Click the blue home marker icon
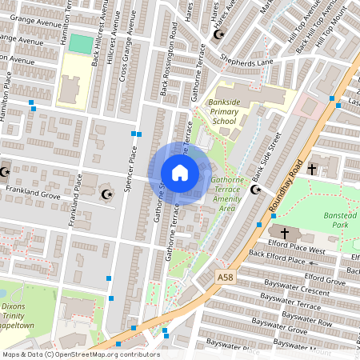coord(180,173)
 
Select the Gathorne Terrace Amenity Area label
coord(233,194)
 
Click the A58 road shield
coord(226,276)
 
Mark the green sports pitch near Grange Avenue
coord(80,44)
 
